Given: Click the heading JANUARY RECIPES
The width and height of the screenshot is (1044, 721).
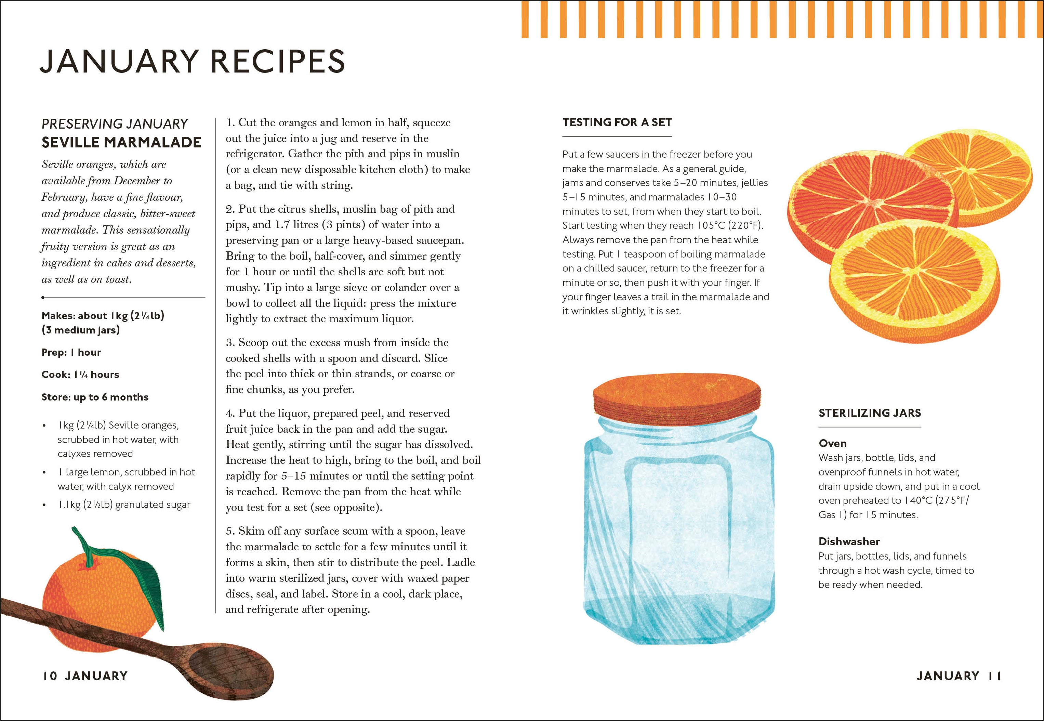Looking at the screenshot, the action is click(193, 62).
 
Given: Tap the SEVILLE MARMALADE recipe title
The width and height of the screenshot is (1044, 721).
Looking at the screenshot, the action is click(121, 142).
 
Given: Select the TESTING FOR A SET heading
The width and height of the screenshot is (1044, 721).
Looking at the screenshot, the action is click(617, 122).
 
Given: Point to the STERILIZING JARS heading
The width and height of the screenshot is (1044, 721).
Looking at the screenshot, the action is click(870, 413).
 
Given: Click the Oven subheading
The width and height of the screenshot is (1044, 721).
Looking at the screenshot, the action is click(833, 443).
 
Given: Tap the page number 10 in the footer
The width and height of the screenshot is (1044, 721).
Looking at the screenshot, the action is click(50, 676).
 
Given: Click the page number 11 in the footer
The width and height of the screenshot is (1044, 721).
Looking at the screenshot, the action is click(994, 676).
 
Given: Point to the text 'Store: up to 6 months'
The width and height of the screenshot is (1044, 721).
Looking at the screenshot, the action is click(95, 397).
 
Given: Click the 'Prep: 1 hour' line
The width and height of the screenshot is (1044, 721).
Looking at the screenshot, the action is click(71, 352).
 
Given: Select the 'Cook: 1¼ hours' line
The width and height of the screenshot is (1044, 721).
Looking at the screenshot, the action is click(80, 375).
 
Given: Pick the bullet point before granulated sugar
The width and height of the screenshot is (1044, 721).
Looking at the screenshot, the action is click(44, 505).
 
